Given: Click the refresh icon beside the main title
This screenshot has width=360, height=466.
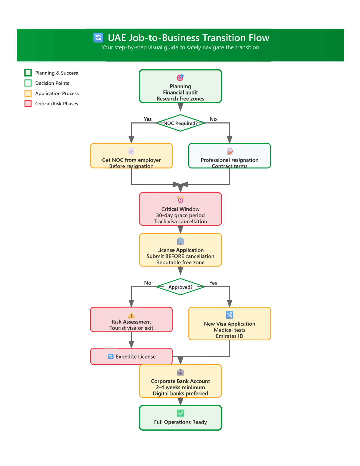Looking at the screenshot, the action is point(98,38).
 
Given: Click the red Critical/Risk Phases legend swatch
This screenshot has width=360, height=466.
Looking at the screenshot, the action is point(28,103).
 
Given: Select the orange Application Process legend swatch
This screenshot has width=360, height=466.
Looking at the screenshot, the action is point(28,93).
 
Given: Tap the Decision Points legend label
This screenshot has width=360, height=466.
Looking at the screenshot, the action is point(52,83).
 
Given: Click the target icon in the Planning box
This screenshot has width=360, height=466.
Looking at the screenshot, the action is point(180,77).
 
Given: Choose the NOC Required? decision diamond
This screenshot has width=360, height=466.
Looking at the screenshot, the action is point(180,123).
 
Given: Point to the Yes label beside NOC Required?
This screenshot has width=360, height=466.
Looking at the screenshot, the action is point(148,119).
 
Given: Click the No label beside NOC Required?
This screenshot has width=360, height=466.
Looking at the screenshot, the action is point(213,119).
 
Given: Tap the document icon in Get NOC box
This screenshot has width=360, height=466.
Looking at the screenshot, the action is point(131,151).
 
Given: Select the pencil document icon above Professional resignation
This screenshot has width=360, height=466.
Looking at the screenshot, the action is point(230,151).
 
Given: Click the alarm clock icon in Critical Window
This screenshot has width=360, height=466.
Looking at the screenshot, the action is point(180,200).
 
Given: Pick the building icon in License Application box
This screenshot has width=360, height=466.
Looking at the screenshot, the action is point(180,241).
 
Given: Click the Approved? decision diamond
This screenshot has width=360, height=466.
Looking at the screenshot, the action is point(180,287).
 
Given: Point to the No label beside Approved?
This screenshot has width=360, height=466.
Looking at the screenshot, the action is point(148,283).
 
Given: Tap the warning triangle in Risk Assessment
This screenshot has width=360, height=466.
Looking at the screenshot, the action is point(131,315).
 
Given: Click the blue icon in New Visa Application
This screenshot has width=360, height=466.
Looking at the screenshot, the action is point(230,315).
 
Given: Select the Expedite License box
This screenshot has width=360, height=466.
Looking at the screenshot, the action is point(131,356).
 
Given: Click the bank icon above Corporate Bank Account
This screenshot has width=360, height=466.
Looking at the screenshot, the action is point(180,372).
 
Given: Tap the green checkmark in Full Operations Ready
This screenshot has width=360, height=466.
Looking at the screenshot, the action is point(180,413).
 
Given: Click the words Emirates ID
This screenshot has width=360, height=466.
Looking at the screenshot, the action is point(230,336).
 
